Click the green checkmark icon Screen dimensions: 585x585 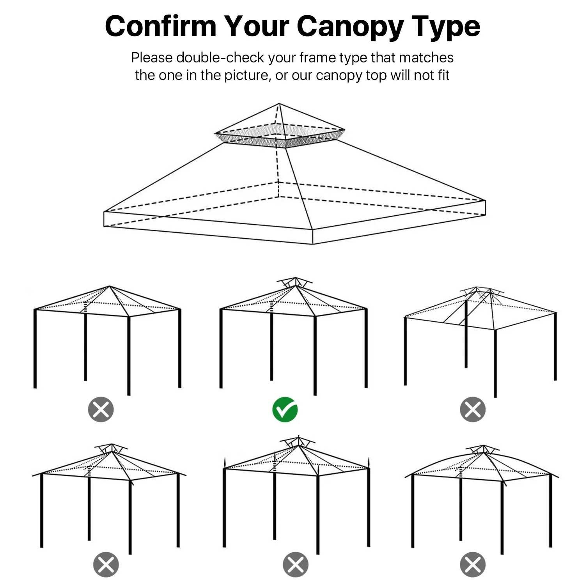pyautogui.click(x=285, y=409)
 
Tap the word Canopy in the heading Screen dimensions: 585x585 pyautogui.click(x=350, y=27)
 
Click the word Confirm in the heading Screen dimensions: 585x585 pyautogui.click(x=161, y=26)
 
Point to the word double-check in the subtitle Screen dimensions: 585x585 pyautogui.click(x=220, y=58)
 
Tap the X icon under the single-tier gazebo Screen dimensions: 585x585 pyautogui.click(x=101, y=409)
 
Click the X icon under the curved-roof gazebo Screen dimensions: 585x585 pyautogui.click(x=473, y=564)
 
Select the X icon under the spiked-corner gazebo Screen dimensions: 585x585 pyautogui.click(x=296, y=564)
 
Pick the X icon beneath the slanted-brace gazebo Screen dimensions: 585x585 pyautogui.click(x=473, y=409)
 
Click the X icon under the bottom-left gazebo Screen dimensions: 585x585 pyautogui.click(x=106, y=564)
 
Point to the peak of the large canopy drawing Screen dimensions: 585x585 pyautogui.click(x=279, y=103)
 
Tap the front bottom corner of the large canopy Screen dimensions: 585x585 pyautogui.click(x=313, y=244)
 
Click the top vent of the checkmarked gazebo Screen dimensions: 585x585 pyautogui.click(x=295, y=282)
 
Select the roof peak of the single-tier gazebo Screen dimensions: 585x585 pyautogui.click(x=110, y=286)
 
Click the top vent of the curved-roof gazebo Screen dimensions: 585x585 pyautogui.click(x=483, y=449)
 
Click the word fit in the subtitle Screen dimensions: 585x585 pyautogui.click(x=443, y=75)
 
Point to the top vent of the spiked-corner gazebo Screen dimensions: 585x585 pyautogui.click(x=298, y=442)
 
